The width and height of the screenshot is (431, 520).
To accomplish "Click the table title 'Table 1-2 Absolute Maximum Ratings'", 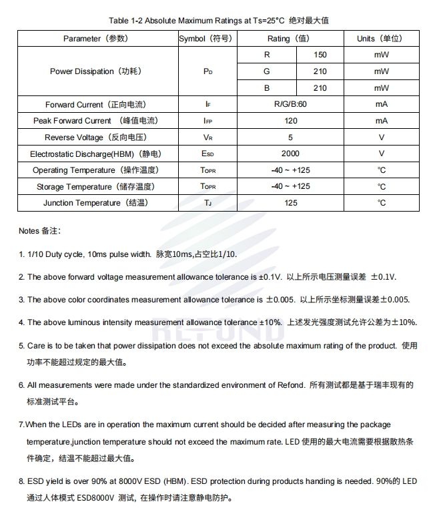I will (180, 21).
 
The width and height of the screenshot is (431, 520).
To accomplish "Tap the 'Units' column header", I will (379, 39).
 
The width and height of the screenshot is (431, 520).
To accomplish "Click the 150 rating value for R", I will (320, 55).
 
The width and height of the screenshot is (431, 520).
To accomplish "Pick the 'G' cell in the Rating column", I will (266, 71).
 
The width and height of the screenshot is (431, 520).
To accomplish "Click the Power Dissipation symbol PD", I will (207, 71).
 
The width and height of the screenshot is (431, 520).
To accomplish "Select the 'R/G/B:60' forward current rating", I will (290, 105).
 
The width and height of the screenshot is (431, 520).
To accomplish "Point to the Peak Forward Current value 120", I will (290, 121).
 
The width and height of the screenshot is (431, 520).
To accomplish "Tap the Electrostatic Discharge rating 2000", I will (290, 154).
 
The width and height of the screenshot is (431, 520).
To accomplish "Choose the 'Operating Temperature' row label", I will (95, 170).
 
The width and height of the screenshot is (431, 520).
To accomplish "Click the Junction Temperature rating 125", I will (290, 203).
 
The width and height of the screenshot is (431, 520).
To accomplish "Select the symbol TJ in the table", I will (207, 203).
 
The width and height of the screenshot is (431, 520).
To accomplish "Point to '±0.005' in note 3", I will (278, 300).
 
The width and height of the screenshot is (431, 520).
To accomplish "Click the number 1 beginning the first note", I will (21, 255).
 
